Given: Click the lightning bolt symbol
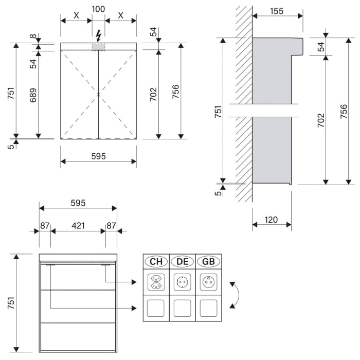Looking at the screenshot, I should point(98,35).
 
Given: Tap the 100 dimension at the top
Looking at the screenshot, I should point(98,9).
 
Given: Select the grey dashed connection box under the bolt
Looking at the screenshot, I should point(98,47).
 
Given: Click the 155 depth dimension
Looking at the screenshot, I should point(276,11).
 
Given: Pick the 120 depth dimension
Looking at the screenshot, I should point(271,220).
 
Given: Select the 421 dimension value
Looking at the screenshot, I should point(78,225).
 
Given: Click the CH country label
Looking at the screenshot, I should point(156,261).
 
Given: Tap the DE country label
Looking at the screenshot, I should point(182,261).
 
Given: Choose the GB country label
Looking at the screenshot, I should point(208,261).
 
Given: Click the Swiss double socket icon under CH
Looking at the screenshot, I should point(156,282).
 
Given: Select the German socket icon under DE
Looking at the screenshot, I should point(182,282).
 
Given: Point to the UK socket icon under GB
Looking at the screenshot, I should point(208,282).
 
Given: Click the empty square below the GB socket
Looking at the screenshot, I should point(208,308).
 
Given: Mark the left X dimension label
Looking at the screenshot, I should point(76,15).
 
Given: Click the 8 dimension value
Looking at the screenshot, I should point(33,37).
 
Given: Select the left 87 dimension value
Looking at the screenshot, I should point(45,225).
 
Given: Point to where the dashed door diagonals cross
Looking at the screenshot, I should point(98,94).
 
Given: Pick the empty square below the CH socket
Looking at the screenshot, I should point(156,308).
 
